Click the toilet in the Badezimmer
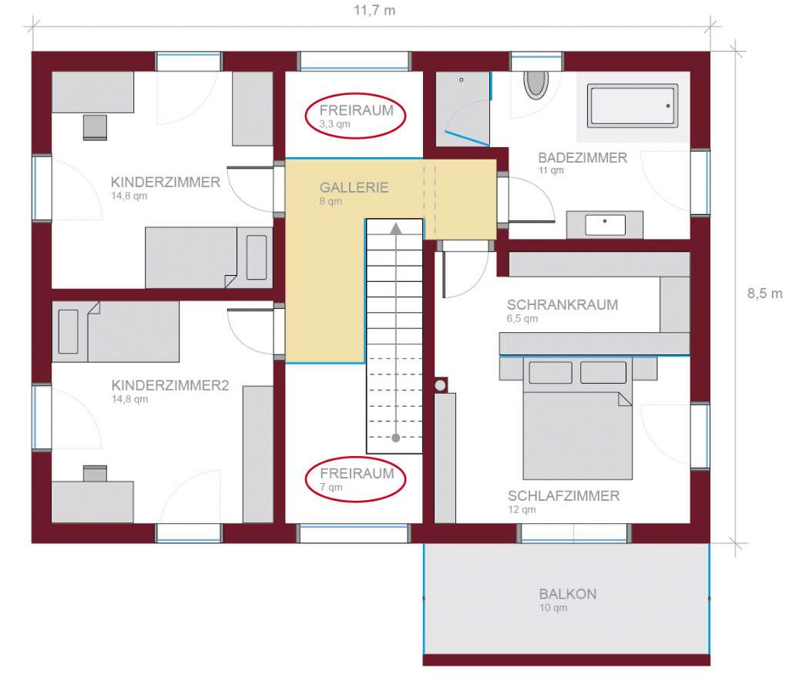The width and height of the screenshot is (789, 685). (536, 83)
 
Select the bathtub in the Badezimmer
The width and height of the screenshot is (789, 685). (633, 106)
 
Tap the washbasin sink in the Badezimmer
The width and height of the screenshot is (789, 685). (605, 225)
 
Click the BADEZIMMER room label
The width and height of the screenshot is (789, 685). (583, 158)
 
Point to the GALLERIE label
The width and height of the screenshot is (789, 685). (354, 188)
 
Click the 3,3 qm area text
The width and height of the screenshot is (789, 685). (334, 124)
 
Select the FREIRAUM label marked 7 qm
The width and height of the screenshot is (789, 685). (357, 473)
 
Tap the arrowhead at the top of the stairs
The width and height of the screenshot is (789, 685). (396, 229)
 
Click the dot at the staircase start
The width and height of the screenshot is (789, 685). (396, 438)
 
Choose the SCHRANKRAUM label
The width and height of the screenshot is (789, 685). (562, 304)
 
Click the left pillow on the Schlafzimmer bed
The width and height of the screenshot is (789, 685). (550, 372)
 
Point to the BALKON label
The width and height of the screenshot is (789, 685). (568, 594)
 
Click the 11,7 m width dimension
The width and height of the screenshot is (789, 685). (374, 10)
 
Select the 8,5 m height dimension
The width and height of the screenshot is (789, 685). (764, 294)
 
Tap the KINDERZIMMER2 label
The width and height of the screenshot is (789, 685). (170, 385)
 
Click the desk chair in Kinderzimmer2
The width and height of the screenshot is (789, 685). (95, 474)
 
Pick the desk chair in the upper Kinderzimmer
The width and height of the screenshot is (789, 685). (95, 127)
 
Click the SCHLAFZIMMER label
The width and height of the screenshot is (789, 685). (563, 495)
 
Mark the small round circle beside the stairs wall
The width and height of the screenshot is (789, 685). (440, 385)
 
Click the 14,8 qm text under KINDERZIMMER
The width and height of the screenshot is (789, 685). (129, 196)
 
